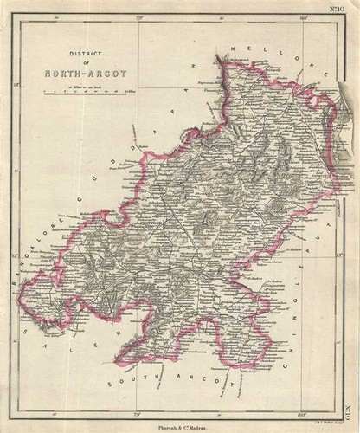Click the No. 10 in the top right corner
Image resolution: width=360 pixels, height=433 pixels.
click(335, 8)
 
